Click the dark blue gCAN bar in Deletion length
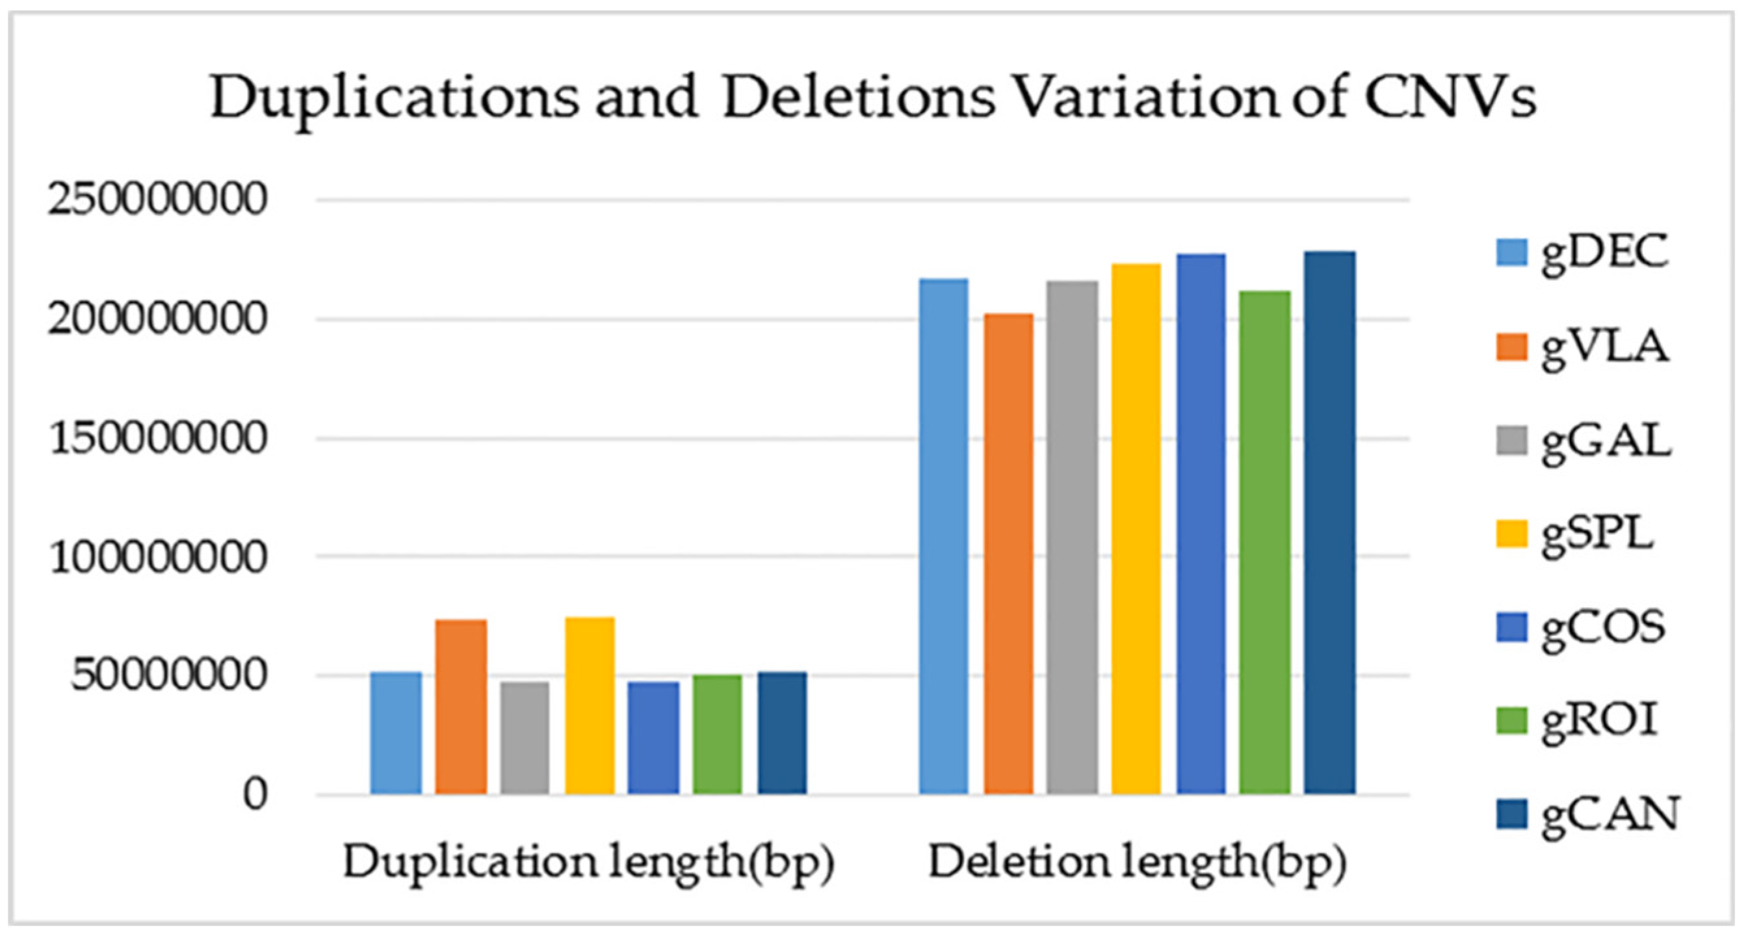1330,523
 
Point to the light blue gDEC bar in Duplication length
396,733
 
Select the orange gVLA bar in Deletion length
1009,553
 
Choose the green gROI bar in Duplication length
717,734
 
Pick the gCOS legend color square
1511,627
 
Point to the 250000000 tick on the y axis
155,200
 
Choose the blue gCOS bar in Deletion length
1201,524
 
